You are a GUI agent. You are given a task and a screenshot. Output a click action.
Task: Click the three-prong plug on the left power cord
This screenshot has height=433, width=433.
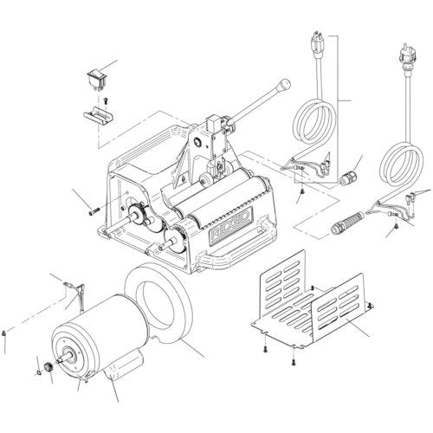[315, 44]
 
